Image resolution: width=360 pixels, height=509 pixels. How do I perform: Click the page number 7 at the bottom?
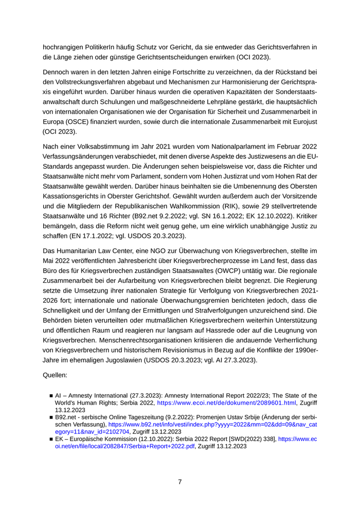pyautogui.click(x=180, y=482)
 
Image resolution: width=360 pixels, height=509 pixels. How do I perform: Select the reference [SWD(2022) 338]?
pyautogui.click(x=249, y=440)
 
